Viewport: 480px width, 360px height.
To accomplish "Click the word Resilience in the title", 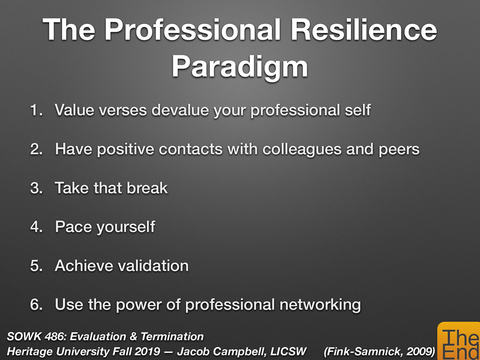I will pos(364,30).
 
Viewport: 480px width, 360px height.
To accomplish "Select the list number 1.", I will pos(36,110).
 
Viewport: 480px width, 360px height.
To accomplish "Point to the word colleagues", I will pos(302,149).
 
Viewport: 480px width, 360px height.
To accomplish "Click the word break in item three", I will pos(147,188).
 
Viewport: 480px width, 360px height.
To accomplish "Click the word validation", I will pos(153,266).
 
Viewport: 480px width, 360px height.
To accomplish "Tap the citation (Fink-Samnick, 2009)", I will pos(379,351).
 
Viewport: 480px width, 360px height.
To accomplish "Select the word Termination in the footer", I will pos(172,337).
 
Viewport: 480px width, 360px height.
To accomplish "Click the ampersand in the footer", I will pos(133,337).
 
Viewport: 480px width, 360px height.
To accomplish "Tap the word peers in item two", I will pos(399,149).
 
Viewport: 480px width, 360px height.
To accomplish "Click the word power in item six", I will pos(139,305).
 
